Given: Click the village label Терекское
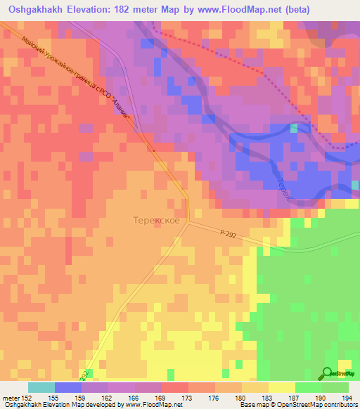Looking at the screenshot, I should coord(156,221).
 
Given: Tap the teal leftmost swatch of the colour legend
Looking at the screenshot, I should coord(41,387).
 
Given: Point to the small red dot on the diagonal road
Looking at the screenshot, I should coord(154,149).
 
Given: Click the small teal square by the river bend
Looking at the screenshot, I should coord(295,127).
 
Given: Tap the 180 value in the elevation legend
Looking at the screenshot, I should coord(242,396).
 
